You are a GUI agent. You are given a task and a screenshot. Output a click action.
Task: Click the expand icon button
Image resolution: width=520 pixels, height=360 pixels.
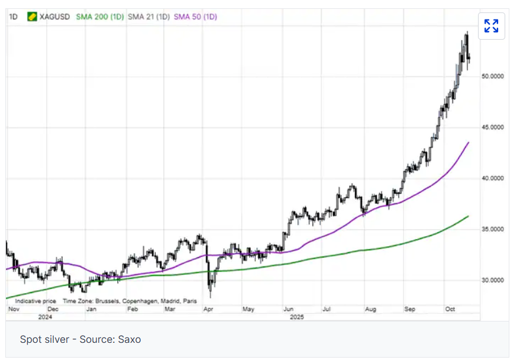click(x=491, y=26)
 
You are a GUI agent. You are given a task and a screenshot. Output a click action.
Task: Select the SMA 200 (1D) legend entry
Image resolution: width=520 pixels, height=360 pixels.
click(x=100, y=17)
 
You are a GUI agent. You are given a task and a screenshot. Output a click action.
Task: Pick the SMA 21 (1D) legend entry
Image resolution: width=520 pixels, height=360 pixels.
click(x=149, y=17)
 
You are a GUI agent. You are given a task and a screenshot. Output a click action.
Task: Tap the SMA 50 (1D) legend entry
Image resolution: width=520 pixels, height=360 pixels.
click(x=195, y=17)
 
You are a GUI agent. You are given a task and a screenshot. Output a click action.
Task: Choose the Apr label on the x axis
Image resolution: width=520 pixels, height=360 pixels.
click(x=208, y=309)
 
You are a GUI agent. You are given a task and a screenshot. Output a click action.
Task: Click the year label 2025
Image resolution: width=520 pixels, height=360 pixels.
click(x=296, y=317)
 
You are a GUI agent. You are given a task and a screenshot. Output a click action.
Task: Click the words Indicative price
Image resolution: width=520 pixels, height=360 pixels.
click(x=35, y=301)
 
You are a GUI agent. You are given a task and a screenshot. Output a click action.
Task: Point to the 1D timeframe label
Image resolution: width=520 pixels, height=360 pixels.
click(x=12, y=17)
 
